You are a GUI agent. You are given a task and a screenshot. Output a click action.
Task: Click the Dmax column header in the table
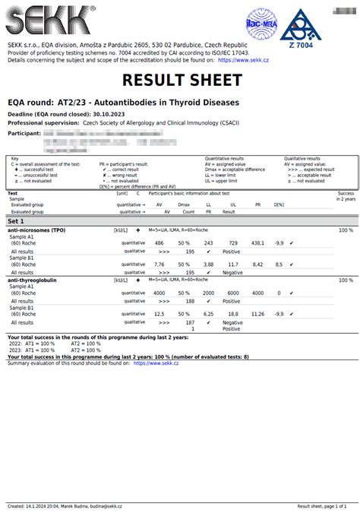(183, 204)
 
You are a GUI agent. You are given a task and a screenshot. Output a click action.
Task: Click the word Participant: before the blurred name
(25, 132)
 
